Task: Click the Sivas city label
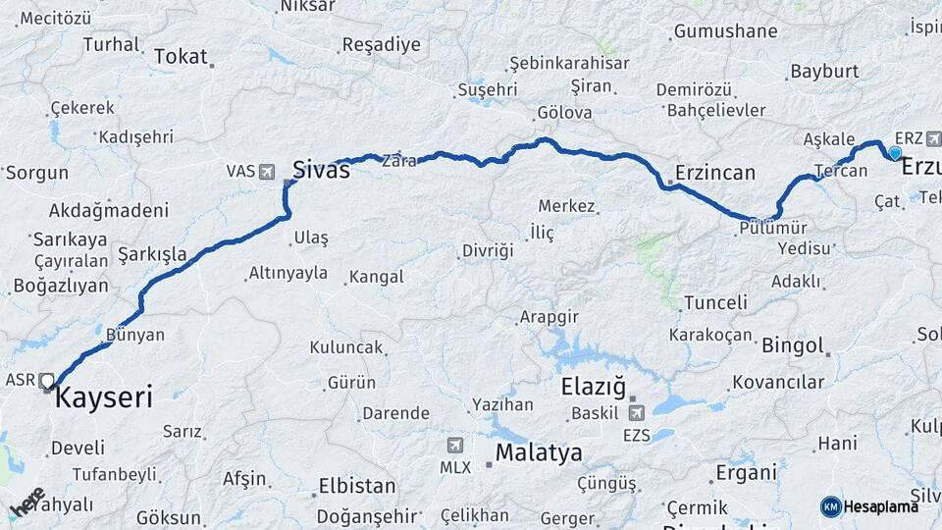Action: tap(321, 170)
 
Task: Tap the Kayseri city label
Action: tap(104, 397)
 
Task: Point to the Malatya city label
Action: tap(539, 452)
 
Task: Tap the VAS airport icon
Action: tap(268, 172)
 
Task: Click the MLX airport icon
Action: tap(454, 446)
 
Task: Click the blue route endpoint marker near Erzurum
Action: tap(895, 153)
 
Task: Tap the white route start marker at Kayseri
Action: tap(47, 380)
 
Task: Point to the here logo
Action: tap(27, 502)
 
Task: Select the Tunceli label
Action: tap(715, 302)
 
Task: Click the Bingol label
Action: tap(791, 345)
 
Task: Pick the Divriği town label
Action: tap(488, 250)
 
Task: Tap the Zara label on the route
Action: tap(399, 160)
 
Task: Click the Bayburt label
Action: tap(824, 72)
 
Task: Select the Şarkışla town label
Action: tap(152, 254)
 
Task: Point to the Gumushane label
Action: tap(725, 31)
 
